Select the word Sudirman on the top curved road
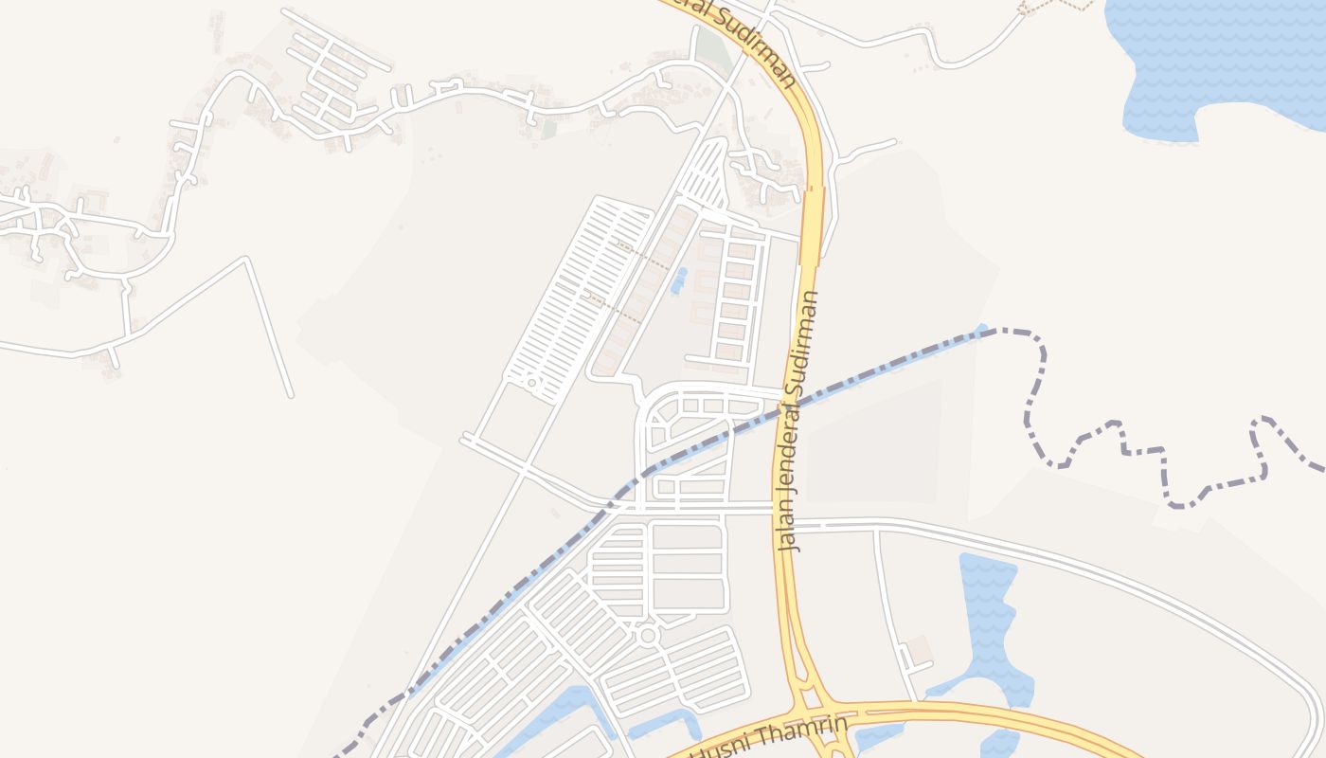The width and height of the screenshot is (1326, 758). (x=758, y=43)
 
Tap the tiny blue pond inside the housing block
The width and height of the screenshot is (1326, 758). (x=678, y=280)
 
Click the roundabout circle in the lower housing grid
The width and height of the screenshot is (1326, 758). (x=648, y=635)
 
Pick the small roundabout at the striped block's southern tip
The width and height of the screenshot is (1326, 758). (x=532, y=384)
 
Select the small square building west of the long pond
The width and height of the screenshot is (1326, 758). (x=920, y=651)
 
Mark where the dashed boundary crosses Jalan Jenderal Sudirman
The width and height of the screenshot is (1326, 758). (x=788, y=406)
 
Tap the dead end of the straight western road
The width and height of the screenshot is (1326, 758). (x=290, y=395)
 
